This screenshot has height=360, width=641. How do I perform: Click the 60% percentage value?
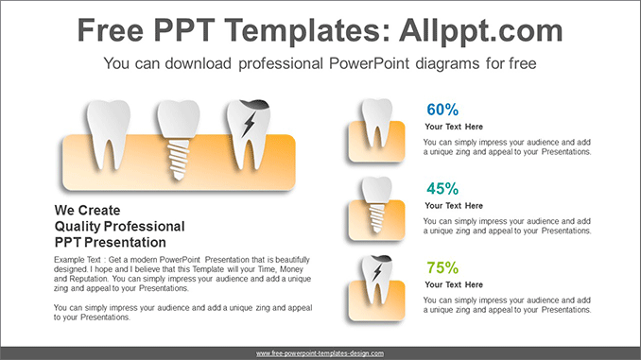point(442,110)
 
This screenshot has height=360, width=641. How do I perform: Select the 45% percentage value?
point(442,189)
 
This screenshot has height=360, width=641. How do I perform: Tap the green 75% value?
point(442,267)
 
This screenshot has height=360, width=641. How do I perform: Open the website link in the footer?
point(320,352)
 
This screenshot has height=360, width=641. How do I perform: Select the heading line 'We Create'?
point(88,210)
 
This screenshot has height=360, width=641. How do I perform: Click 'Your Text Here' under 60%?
point(454,127)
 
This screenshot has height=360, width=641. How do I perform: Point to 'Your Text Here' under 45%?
point(454,206)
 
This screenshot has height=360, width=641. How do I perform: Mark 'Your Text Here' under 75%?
point(454,284)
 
